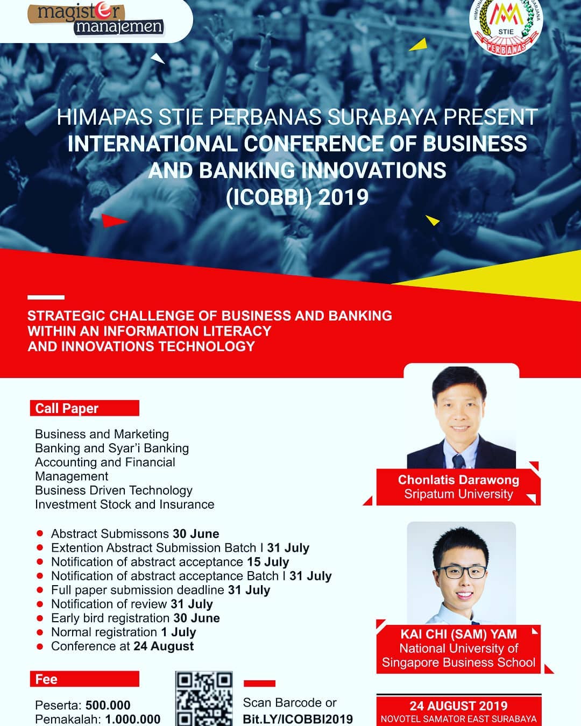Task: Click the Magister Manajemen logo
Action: coord(96,19)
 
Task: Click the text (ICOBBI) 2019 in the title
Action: coord(297,197)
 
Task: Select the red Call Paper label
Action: coord(84,408)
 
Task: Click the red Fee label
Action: coord(84,679)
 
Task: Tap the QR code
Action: coord(204,699)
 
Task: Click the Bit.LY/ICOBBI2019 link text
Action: coord(297,719)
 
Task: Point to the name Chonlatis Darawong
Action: coord(458,480)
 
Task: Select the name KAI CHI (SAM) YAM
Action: coord(458,634)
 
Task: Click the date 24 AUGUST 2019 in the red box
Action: coord(458,706)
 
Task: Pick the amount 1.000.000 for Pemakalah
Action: coord(133,719)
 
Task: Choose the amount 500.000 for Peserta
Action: coord(108,705)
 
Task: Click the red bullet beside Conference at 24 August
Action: coord(40,646)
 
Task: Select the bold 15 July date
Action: coord(268,562)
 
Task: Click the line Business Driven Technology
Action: coord(114,490)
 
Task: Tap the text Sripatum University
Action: coord(458,494)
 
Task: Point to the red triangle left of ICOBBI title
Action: coord(114,221)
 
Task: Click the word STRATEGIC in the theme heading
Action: coord(66,316)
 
